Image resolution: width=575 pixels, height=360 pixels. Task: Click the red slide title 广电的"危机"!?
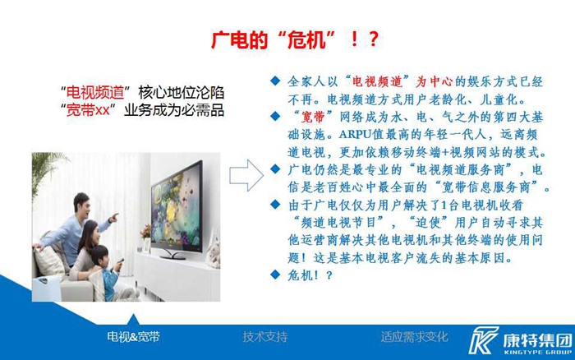click(295, 39)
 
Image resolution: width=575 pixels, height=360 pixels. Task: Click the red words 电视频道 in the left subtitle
click(95, 93)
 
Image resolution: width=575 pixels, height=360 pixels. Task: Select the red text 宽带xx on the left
click(88, 110)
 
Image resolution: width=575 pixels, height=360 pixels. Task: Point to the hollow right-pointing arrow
click(246, 175)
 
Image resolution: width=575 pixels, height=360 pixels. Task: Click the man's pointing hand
click(113, 217)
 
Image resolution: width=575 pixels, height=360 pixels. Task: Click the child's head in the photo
click(99, 256)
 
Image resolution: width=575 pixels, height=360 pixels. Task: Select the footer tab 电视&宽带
click(133, 336)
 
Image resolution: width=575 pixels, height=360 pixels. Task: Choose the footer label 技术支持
click(265, 336)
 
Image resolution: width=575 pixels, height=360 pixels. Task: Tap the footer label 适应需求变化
click(414, 336)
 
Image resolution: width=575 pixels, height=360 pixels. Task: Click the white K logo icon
click(483, 340)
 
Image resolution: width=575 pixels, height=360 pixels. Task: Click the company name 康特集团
click(537, 340)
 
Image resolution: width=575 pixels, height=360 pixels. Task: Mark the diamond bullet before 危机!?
click(275, 275)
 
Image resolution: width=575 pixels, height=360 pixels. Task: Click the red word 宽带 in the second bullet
click(313, 117)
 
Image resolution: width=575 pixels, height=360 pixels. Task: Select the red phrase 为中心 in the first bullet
click(434, 81)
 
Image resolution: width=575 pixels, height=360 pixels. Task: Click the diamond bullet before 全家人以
click(275, 81)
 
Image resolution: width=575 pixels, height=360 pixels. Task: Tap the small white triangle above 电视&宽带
click(133, 319)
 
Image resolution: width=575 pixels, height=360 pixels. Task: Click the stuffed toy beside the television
click(213, 253)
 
